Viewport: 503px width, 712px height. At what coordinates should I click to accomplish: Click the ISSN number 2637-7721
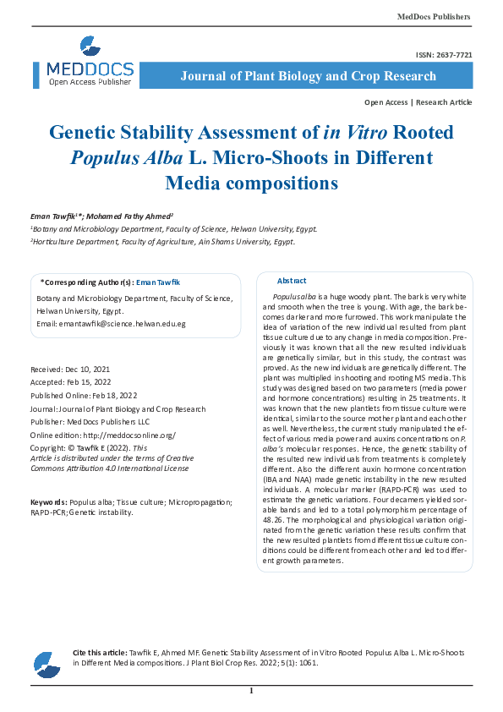pos(444,54)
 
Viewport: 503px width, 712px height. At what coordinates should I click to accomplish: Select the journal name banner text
pos(309,76)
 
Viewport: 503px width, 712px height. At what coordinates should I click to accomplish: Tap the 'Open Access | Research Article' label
pos(418,101)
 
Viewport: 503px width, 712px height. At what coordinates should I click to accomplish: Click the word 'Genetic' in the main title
pos(88,133)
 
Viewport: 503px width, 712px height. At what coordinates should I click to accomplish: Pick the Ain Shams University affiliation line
pos(163,241)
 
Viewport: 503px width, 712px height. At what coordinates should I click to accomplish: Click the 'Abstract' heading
pos(292,281)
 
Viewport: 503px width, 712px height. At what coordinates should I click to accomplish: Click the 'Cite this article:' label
pos(100,653)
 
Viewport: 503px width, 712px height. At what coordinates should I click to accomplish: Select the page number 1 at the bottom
pos(251,692)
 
